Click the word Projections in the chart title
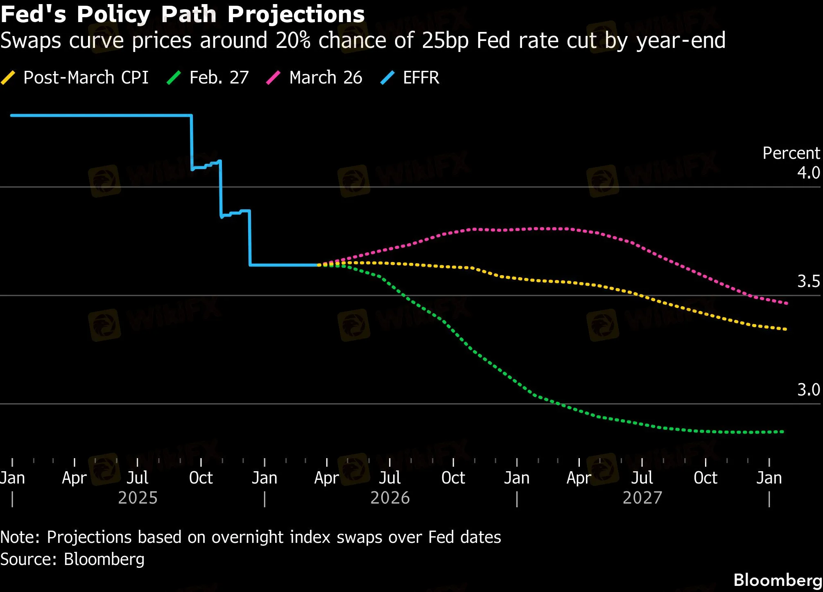click(296, 15)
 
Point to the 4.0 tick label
click(808, 173)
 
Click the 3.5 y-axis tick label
click(808, 281)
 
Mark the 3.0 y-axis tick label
click(808, 390)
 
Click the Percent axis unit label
click(791, 153)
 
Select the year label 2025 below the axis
click(138, 498)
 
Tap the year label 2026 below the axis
click(390, 498)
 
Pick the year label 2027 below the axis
click(642, 498)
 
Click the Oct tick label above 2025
click(201, 478)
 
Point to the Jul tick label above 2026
click(389, 478)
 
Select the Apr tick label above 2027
click(579, 478)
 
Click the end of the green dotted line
click(783, 432)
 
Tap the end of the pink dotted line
click(787, 303)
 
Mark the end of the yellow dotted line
click(785, 329)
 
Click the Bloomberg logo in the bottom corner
click(778, 580)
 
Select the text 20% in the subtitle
click(293, 41)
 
